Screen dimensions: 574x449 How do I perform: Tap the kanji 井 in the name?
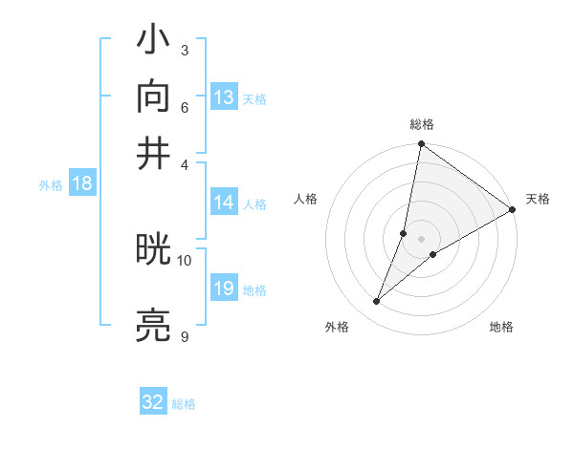coord(154,152)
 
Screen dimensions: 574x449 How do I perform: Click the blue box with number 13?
coord(224,97)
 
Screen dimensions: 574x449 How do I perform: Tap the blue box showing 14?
coord(224,203)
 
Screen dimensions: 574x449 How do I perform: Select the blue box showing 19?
coord(224,289)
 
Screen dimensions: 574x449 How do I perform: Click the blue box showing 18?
coord(82,184)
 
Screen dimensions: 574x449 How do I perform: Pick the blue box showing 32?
coord(153,402)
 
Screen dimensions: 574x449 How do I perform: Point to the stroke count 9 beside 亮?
coord(184,336)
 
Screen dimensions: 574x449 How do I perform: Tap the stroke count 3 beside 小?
coord(184,50)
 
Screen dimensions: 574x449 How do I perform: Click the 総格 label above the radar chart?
coord(422,125)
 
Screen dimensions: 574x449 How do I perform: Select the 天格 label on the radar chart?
coord(538,199)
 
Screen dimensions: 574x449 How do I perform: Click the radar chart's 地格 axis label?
coord(501,328)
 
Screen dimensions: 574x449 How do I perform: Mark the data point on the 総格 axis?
coord(421,145)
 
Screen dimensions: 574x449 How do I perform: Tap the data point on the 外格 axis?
coord(377,302)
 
